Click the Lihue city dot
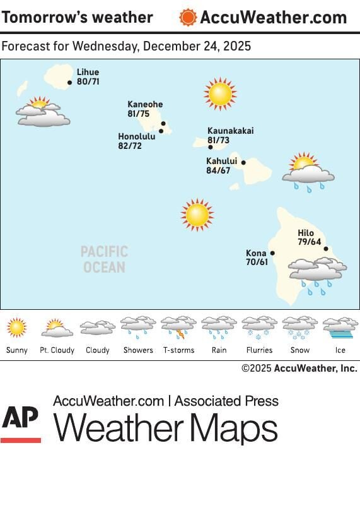(70, 82)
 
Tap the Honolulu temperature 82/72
(130, 146)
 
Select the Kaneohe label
(145, 105)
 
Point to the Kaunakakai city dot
(211, 147)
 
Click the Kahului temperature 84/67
(218, 170)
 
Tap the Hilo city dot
(326, 249)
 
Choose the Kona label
(256, 253)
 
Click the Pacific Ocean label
(104, 259)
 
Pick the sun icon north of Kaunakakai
(220, 94)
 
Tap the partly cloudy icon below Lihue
(42, 112)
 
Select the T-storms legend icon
(178, 327)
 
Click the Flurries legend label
(259, 350)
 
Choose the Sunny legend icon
(16, 327)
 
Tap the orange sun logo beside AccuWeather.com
(188, 17)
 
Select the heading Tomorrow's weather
(77, 17)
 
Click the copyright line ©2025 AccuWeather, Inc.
(299, 368)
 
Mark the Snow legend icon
(299, 327)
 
